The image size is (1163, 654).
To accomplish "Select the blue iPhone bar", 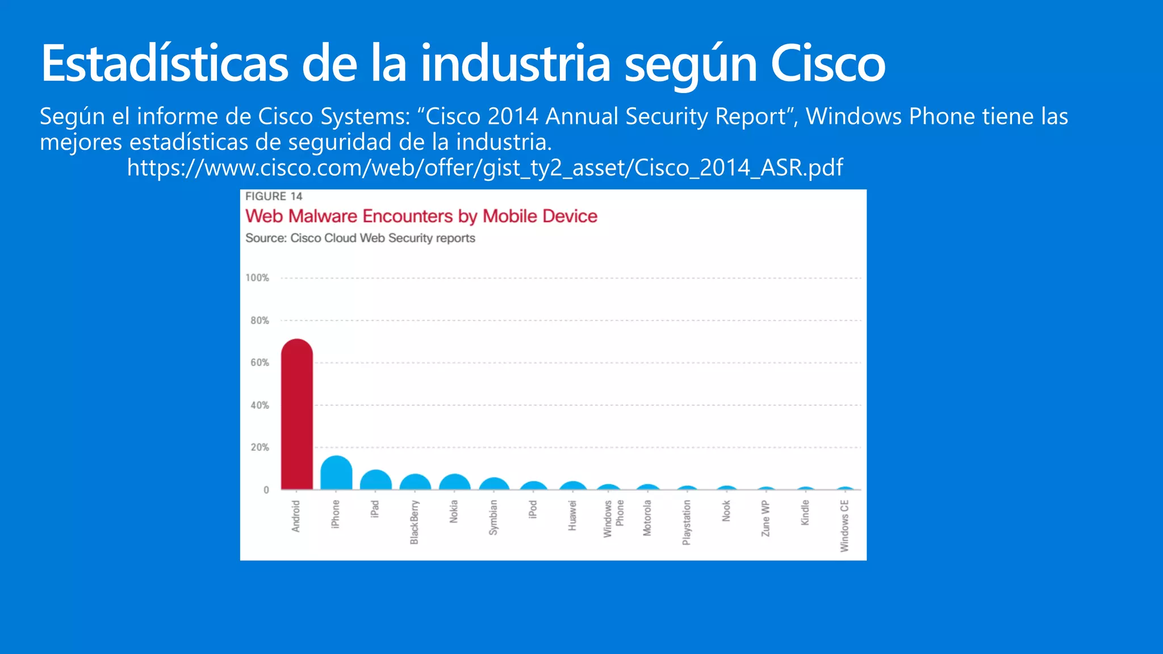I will coord(336,473).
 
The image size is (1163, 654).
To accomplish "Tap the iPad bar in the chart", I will coord(375,481).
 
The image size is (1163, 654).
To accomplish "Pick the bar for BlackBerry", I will coord(415,483).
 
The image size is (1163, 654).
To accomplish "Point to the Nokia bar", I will coord(454,483).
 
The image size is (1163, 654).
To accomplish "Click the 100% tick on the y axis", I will coord(257,278).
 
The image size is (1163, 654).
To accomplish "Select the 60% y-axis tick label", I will coord(260,362).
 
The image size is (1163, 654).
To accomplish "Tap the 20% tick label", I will coord(260,447).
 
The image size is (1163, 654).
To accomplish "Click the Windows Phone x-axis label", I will coord(613,518).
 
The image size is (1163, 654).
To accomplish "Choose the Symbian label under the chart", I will coord(493,517).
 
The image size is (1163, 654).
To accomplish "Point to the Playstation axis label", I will coord(687,522).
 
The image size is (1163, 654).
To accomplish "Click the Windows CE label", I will coord(844,525).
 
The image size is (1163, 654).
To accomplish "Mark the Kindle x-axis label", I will coord(805,513).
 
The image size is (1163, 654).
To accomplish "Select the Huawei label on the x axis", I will coord(572,515).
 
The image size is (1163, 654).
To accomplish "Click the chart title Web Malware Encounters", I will coord(421,216).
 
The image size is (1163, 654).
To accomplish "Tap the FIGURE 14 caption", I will coord(274,196).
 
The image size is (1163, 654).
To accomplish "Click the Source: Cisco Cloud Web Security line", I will coord(360,238).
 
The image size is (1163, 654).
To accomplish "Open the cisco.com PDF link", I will coord(484,167).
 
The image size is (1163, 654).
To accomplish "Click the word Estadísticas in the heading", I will coord(165,64).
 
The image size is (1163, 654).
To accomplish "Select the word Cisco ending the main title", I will coord(827,64).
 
